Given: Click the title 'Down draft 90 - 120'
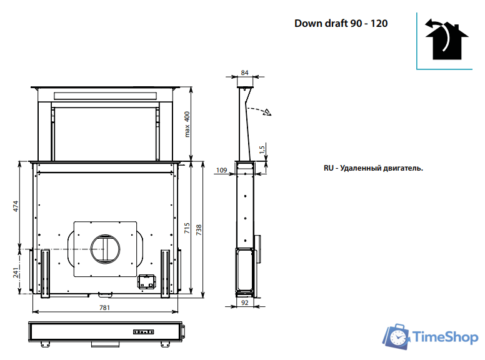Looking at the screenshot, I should pos(341,23).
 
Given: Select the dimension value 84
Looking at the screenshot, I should pos(244,72).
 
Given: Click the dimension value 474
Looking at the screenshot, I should pos(17,206).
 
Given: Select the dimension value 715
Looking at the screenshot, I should pos(187,228).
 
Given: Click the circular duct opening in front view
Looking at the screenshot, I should pos(104,249).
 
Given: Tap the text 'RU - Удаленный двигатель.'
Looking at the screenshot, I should pos(373,168).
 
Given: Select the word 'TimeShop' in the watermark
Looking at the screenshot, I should pos(446,337).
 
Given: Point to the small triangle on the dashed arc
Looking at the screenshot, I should pos(267,113).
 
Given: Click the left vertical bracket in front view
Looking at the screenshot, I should pos(45,273).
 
